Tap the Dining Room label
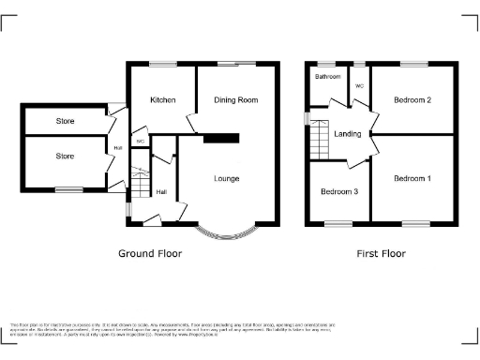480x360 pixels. [x=236, y=99]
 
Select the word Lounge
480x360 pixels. [x=226, y=179]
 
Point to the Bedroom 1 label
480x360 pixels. [x=412, y=179]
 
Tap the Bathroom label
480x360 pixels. [x=327, y=77]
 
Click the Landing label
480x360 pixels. [x=347, y=133]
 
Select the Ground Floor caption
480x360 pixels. [x=150, y=253]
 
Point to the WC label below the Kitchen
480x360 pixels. [x=140, y=142]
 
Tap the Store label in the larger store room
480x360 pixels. [x=64, y=157]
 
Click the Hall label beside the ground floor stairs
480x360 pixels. [x=162, y=191]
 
